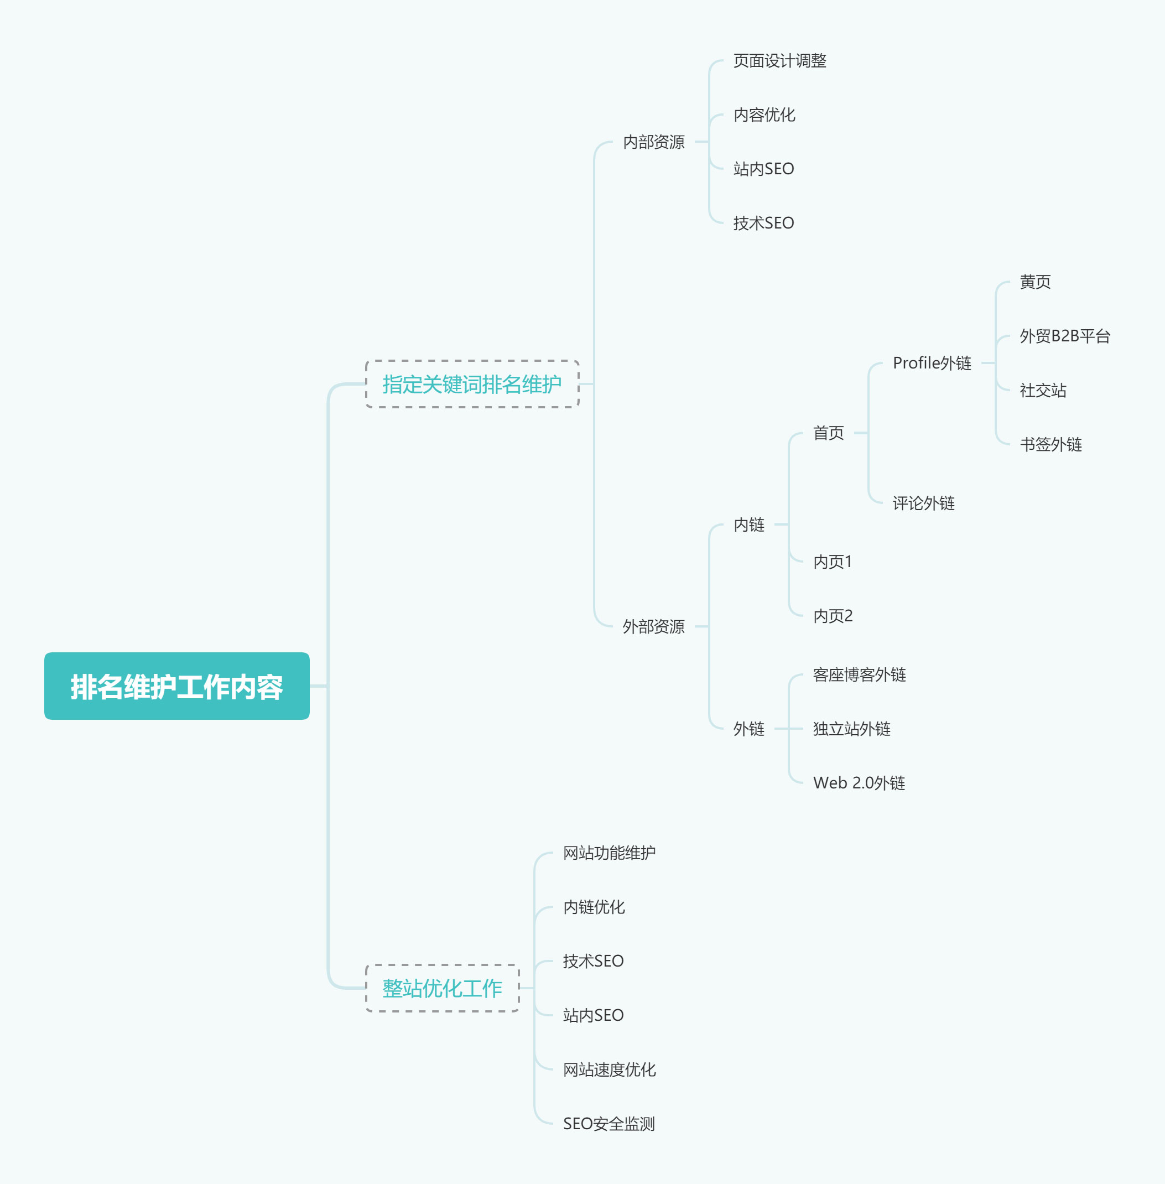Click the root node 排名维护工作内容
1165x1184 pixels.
pyautogui.click(x=177, y=686)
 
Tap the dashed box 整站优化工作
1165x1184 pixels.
pyautogui.click(x=443, y=988)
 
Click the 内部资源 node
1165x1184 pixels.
pyautogui.click(x=653, y=142)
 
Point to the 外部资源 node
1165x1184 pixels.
pyautogui.click(x=653, y=626)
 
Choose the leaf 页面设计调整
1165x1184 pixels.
pyautogui.click(x=779, y=60)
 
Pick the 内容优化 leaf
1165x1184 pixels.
pyautogui.click(x=764, y=115)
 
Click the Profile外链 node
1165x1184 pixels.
pyautogui.click(x=932, y=363)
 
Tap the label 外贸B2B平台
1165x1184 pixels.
pyautogui.click(x=1065, y=336)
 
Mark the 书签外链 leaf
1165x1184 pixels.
pyautogui.click(x=1050, y=444)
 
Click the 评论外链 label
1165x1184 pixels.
pyautogui.click(x=923, y=503)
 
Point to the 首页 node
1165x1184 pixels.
pyautogui.click(x=829, y=433)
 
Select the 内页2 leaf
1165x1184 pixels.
pyautogui.click(x=833, y=616)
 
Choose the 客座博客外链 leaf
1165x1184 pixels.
pyautogui.click(x=859, y=675)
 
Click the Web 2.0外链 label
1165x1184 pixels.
pyautogui.click(x=859, y=783)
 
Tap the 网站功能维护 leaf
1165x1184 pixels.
pyautogui.click(x=610, y=853)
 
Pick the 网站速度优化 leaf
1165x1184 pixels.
pyautogui.click(x=610, y=1069)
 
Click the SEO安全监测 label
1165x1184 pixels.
pyautogui.click(x=609, y=1124)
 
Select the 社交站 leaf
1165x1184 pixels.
pyautogui.click(x=1043, y=391)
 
